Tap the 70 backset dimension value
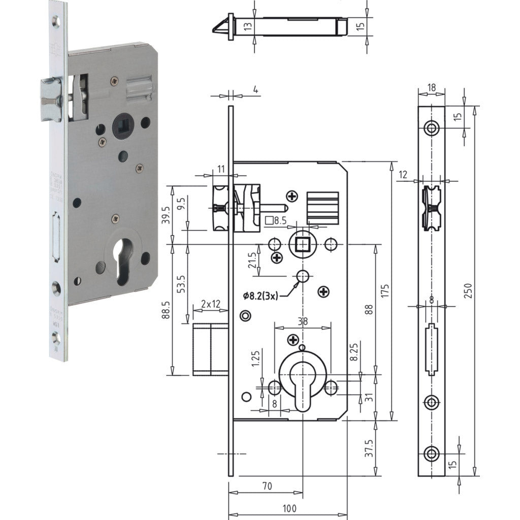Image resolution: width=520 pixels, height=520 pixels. tap(267, 486)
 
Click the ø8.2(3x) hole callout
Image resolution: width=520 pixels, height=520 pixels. tap(261, 295)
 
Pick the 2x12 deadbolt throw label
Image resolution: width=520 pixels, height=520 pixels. tap(211, 304)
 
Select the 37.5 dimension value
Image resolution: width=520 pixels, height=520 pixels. tap(369, 448)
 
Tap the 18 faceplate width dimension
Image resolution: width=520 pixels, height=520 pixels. tap(431, 88)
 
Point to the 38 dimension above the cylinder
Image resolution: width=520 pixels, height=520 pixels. tap(302, 321)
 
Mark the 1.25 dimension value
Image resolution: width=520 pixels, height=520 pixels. tap(255, 360)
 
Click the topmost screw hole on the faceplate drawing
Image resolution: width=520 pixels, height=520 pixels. tap(432, 128)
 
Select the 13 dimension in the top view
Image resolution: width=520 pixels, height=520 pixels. tap(247, 27)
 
